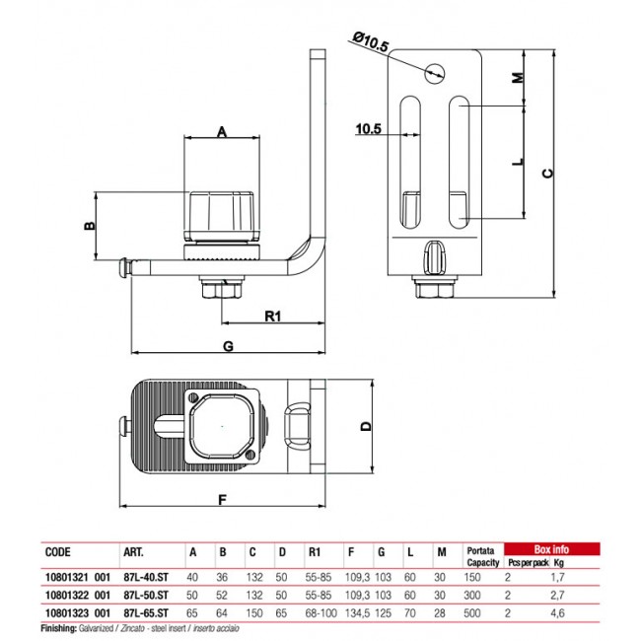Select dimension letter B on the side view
tap(88, 226)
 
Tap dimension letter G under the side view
tap(228, 346)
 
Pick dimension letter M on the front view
tap(518, 78)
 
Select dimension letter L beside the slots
tap(518, 163)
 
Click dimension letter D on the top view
tap(366, 427)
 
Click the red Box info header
tap(551, 549)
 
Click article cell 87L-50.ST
tap(147, 596)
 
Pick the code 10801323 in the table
tap(64, 612)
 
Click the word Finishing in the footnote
tap(61, 628)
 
